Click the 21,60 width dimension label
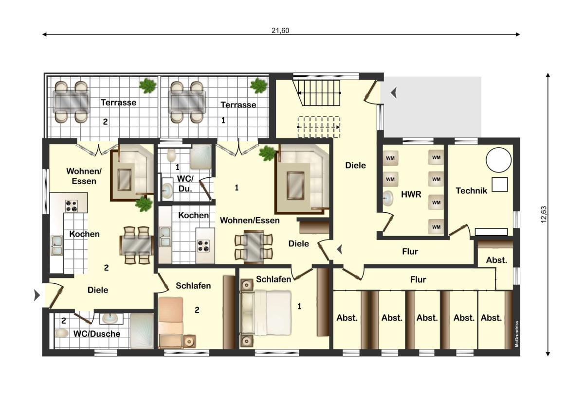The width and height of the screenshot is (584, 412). (x=280, y=31)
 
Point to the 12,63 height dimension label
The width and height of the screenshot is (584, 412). (x=543, y=214)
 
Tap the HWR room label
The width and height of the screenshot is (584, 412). (x=411, y=194)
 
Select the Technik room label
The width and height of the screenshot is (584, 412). (x=472, y=191)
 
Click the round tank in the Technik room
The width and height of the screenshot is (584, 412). (x=499, y=160)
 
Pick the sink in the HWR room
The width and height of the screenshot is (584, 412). (x=388, y=198)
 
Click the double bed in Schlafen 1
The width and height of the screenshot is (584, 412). (x=265, y=313)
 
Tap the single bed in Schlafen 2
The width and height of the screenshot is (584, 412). (x=170, y=323)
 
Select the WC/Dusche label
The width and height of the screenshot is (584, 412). (x=97, y=334)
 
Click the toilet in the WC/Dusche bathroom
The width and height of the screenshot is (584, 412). (x=61, y=333)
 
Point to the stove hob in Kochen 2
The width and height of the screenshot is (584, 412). (x=71, y=206)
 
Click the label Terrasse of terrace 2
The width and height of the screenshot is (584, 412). (x=119, y=103)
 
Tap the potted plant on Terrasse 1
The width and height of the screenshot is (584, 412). (x=258, y=86)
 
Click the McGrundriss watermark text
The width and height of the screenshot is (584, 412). (x=517, y=334)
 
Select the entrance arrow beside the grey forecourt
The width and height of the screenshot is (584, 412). (x=394, y=93)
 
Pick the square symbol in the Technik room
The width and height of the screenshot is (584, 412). (x=500, y=185)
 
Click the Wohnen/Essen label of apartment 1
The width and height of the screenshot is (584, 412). (x=250, y=221)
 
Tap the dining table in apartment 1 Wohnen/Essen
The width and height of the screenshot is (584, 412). (x=253, y=246)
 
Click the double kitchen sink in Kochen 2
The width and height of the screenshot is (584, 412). (x=56, y=245)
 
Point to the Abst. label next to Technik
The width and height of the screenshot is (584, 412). (x=496, y=260)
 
